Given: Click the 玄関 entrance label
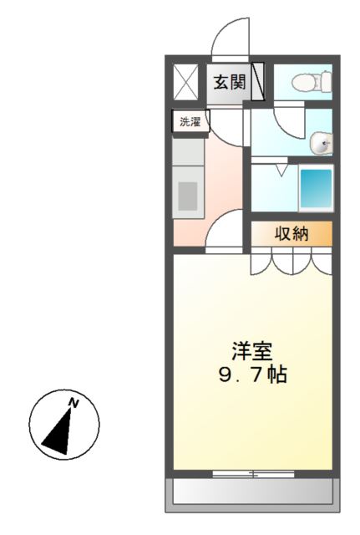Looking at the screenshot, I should point(228,82).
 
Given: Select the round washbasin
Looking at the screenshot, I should point(321,145).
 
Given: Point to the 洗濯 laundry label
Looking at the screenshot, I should point(190,122).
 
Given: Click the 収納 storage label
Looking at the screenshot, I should point(292,234).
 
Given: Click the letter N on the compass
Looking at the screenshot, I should point(74,404).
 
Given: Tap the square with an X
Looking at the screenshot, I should point(185,81).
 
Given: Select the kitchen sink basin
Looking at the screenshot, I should point(188,196).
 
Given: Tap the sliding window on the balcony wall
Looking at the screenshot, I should point(253,474).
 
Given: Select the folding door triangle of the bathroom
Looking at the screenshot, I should point(281,171).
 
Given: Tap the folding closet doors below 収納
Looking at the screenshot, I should point(292,262).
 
